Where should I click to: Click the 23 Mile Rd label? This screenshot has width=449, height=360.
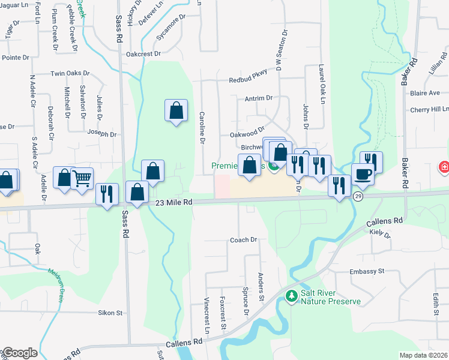[173, 203]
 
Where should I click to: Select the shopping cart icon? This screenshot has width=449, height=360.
[82, 177]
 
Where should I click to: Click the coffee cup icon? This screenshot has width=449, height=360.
[363, 174]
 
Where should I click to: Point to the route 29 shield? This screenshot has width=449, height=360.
[358, 197]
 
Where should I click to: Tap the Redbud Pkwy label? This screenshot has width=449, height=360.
[247, 80]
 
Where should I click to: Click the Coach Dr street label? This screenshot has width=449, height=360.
[244, 240]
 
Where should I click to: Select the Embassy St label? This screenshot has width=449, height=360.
[367, 272]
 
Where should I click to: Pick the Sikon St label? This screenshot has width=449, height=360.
[110, 313]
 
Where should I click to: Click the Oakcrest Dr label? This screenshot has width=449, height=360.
[143, 53]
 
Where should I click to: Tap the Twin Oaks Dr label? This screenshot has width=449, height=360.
[70, 74]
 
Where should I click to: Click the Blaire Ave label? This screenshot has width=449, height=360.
[425, 93]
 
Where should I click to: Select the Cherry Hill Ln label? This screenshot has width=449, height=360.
[429, 110]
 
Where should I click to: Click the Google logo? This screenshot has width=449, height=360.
[19, 353]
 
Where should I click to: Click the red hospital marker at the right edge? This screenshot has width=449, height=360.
[444, 167]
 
